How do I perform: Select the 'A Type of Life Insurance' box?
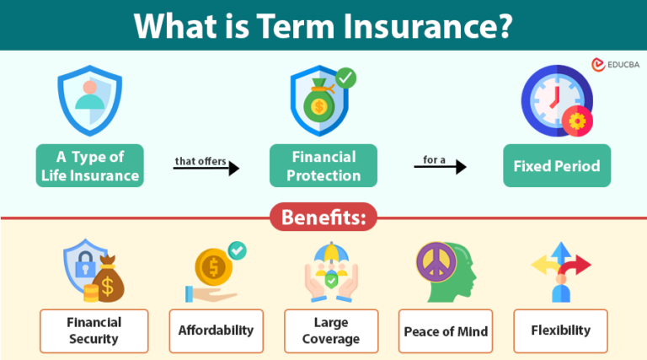(x=89, y=165)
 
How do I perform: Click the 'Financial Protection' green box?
(x=324, y=165)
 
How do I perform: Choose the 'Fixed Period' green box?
(x=557, y=165)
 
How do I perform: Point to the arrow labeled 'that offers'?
(x=206, y=169)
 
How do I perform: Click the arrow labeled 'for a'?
(x=440, y=167)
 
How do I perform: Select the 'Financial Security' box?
(x=94, y=330)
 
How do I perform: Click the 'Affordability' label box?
(x=216, y=330)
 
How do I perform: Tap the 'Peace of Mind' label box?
(x=445, y=330)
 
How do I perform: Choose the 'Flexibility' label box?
(x=560, y=330)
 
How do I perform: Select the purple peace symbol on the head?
(x=436, y=264)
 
